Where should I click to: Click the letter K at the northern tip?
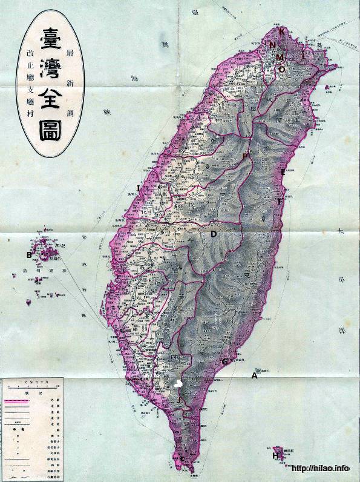click(x=282, y=31)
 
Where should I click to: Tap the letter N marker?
click(x=273, y=45)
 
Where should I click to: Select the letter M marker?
click(x=280, y=56)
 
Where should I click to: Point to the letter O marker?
click(x=282, y=69)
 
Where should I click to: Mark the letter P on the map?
click(x=245, y=157)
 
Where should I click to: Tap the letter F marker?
click(x=280, y=200)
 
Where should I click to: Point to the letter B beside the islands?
click(x=28, y=254)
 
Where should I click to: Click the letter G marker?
click(x=225, y=361)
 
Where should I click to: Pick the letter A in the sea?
click(x=254, y=375)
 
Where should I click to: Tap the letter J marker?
click(x=179, y=400)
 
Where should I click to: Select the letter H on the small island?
click(x=276, y=455)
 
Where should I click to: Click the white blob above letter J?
click(x=178, y=384)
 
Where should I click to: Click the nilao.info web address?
click(x=321, y=469)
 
